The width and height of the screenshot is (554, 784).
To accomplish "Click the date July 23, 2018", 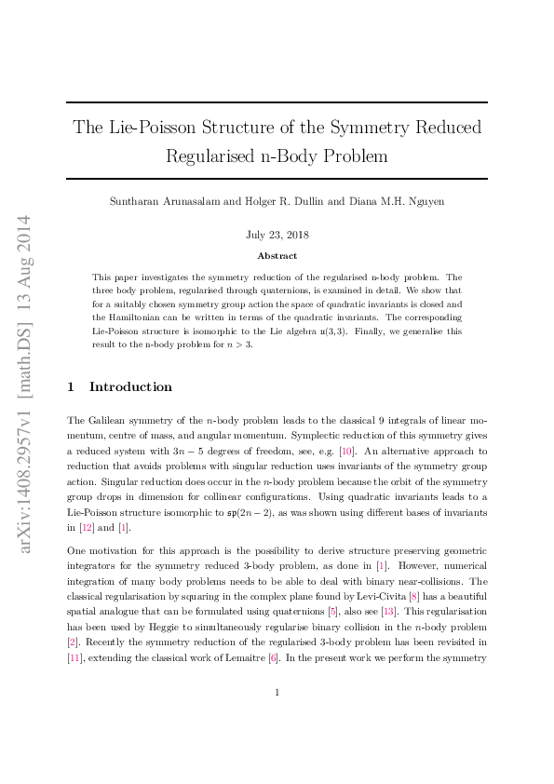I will pos(277,237).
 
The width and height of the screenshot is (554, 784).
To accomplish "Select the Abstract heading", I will pos(277,255).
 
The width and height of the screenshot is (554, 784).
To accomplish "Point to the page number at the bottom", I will pos(277,717).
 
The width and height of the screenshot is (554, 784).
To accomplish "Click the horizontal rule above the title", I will pos(277,102).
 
